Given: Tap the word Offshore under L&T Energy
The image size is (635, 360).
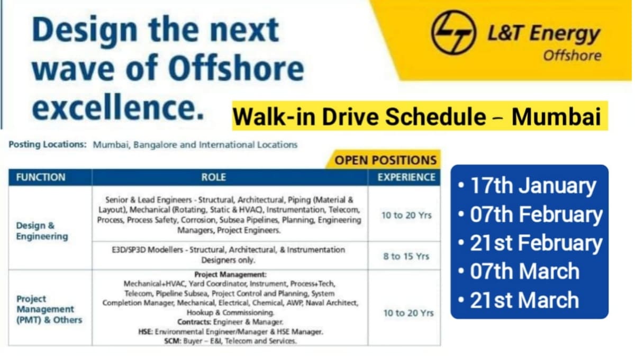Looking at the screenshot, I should [x=572, y=55].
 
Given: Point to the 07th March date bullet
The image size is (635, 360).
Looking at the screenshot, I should [x=519, y=272].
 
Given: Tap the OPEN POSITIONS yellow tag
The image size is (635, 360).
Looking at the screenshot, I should [x=386, y=160].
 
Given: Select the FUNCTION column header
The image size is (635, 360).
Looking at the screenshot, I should [x=41, y=177].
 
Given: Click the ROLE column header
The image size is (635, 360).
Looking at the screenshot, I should [x=229, y=177].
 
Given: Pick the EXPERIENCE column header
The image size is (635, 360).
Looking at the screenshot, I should [x=406, y=177].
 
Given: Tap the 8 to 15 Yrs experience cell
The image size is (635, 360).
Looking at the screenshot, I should [x=406, y=256].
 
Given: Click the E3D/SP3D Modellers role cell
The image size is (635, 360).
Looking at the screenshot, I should [x=229, y=255].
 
